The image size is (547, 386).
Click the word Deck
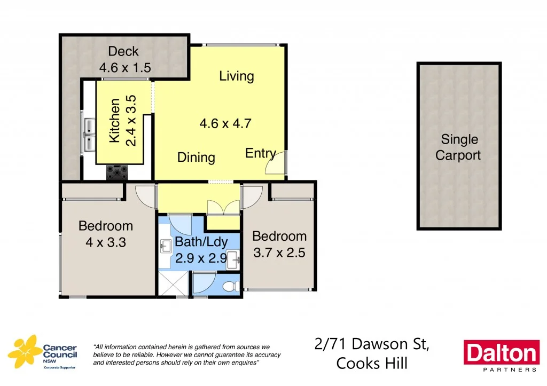123,51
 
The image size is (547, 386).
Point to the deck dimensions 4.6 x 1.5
125,68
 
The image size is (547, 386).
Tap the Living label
236,76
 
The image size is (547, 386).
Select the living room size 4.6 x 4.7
225,124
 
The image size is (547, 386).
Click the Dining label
196,157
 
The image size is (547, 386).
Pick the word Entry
260,153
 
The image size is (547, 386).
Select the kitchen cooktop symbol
118,172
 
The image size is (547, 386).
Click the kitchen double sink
89,134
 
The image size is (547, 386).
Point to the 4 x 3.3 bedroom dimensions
106,242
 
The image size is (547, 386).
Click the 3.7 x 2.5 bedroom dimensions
279,253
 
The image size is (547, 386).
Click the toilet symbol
230,287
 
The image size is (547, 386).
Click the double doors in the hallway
223,208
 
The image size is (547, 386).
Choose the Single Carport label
458,147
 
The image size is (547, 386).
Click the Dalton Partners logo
501,356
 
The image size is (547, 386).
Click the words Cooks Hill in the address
372,363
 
